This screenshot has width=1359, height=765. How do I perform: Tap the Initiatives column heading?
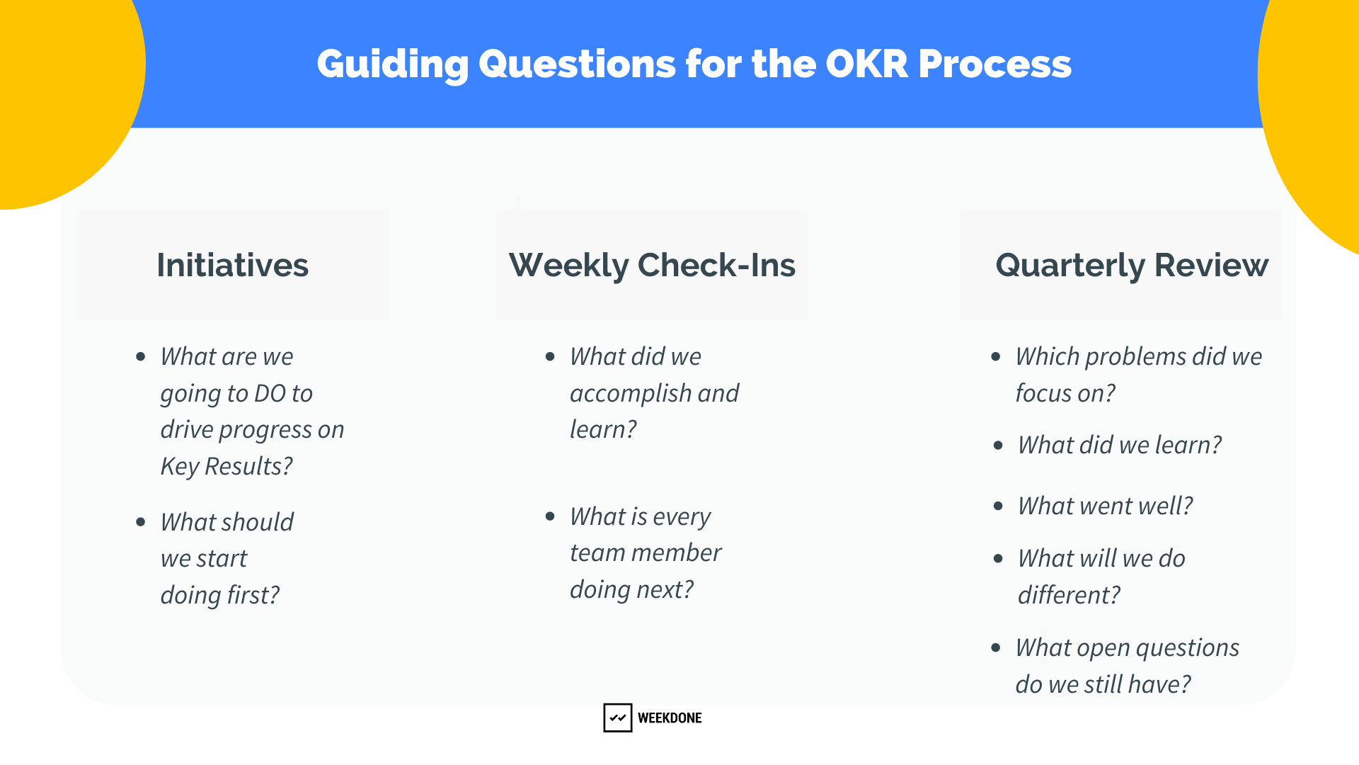click(232, 265)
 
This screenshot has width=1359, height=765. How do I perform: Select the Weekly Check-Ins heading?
click(652, 265)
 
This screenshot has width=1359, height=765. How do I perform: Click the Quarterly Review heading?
click(1131, 265)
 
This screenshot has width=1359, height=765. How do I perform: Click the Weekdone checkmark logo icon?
click(617, 718)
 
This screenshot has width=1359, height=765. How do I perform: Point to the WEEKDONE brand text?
click(670, 718)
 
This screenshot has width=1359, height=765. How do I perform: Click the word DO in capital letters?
click(270, 393)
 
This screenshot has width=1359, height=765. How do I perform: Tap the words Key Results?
click(226, 466)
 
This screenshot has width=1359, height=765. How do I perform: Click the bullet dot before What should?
click(141, 522)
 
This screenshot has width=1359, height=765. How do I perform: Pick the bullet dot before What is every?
click(550, 516)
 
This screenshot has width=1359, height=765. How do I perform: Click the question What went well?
click(1105, 506)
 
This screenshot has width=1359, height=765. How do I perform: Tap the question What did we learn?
click(1119, 445)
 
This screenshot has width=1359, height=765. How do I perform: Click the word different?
click(1069, 595)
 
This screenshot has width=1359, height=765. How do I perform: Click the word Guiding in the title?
click(392, 64)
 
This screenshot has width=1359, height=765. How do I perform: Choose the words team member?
click(646, 552)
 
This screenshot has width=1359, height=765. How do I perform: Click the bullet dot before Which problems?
click(996, 356)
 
